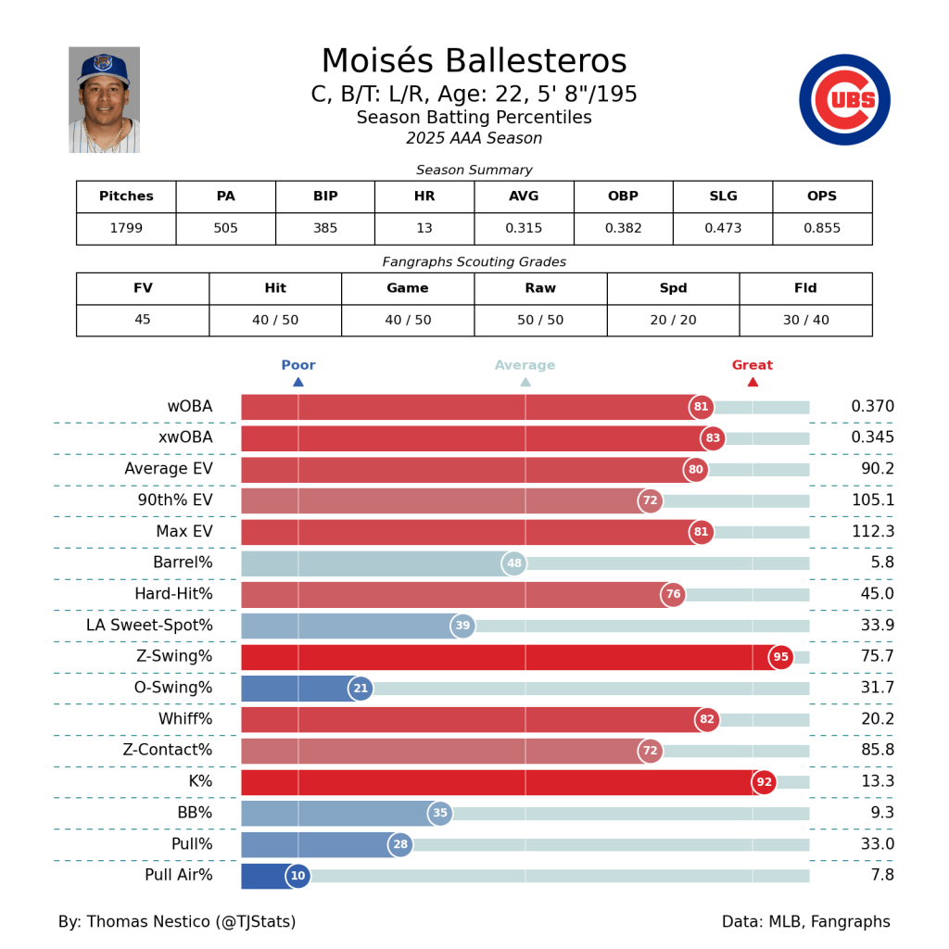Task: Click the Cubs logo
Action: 844,100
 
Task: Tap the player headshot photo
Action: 104,100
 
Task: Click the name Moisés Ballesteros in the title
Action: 474,61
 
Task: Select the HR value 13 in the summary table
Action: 424,228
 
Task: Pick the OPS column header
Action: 822,196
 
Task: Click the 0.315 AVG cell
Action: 524,228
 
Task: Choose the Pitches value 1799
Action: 126,228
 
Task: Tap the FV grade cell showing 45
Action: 143,320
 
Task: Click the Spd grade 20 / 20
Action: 673,320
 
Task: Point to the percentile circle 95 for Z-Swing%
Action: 780,657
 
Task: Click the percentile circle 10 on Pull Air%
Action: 297,876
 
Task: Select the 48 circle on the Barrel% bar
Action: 513,563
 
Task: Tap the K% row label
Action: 200,781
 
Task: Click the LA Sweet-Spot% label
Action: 149,626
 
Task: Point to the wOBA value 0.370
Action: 872,407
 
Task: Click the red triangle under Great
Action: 753,382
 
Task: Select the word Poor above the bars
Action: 298,365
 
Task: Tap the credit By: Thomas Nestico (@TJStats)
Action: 177,922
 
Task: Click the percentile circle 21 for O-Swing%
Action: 361,689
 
